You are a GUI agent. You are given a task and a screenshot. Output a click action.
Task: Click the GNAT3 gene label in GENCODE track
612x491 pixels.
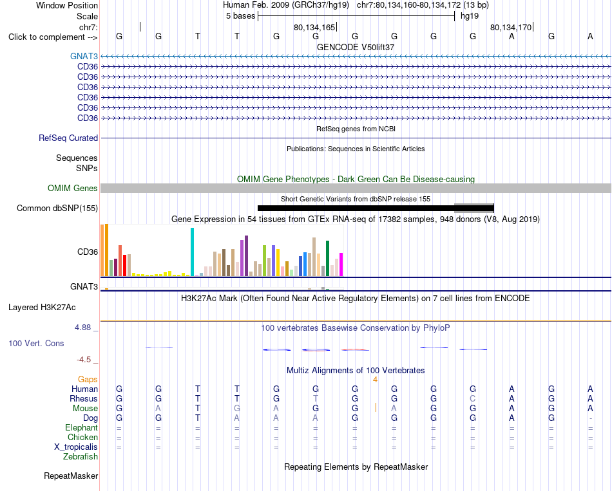[84, 56]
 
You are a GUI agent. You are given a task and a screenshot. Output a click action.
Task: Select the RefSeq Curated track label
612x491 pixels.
[68, 138]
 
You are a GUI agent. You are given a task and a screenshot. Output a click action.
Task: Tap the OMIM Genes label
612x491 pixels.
[73, 188]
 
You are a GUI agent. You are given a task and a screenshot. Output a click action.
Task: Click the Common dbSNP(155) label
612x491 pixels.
[57, 208]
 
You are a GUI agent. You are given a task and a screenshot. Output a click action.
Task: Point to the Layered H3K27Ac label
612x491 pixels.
[42, 308]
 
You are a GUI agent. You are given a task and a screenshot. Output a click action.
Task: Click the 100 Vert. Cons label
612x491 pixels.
[36, 343]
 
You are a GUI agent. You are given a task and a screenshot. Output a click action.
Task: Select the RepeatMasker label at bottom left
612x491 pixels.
[71, 476]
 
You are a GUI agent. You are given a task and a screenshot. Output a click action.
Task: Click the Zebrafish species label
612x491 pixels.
[81, 456]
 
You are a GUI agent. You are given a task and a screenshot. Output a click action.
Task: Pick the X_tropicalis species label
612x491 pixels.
[76, 447]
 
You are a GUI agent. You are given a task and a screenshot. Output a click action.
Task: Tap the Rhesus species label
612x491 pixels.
[84, 398]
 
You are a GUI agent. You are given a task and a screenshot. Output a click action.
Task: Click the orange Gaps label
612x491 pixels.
[88, 379]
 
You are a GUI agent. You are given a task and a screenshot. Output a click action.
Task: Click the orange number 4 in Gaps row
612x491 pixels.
[375, 380]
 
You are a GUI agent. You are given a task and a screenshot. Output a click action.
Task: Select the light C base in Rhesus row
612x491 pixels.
[473, 398]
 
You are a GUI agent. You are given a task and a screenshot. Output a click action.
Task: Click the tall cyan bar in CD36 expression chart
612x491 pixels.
[192, 252]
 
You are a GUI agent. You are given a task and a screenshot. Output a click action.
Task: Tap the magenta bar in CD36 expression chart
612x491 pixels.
[341, 264]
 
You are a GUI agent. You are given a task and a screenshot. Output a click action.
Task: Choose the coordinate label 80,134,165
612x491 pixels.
[314, 27]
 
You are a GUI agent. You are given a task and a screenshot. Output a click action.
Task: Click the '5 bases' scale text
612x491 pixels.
[240, 16]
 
